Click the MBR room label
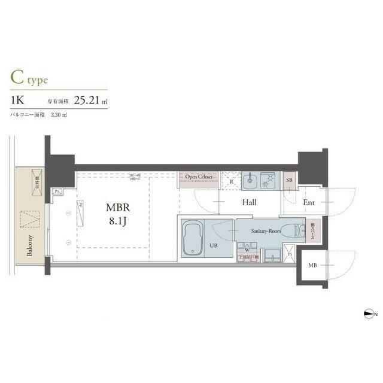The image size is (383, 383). click(x=117, y=208)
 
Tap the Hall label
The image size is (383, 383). click(x=249, y=203)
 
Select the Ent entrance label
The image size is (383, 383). click(x=309, y=203)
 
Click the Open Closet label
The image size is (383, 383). click(x=199, y=177)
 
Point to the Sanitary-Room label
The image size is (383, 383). click(x=266, y=230)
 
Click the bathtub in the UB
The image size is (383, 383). click(x=193, y=238)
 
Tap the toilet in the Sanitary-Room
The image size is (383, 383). click(x=292, y=230)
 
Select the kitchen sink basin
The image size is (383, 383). click(x=250, y=180)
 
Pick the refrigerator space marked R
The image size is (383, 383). click(x=231, y=182)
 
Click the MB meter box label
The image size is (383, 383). click(x=313, y=265)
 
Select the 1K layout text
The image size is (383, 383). click(x=17, y=100)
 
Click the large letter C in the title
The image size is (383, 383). click(x=16, y=78)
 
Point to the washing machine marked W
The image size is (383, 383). click(x=246, y=250)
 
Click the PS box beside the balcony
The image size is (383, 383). click(x=57, y=191)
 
